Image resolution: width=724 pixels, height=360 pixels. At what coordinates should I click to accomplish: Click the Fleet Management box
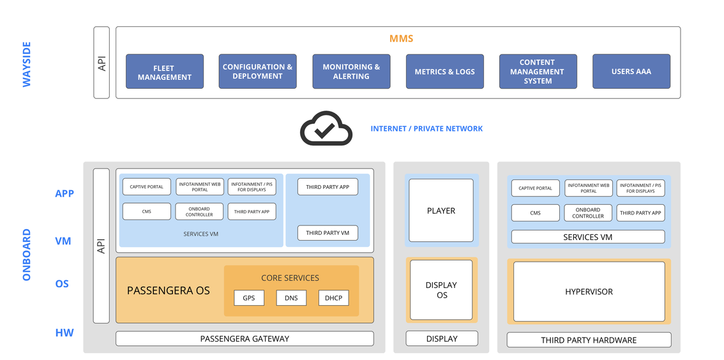164,71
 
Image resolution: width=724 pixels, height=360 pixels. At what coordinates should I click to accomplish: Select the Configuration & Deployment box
258,71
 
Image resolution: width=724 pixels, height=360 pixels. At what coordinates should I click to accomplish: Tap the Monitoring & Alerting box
351,71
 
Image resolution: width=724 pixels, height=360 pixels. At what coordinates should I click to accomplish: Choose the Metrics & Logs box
444,71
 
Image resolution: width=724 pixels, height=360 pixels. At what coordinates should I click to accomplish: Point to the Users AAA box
631,71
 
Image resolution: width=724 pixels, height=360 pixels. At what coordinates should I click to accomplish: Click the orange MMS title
401,38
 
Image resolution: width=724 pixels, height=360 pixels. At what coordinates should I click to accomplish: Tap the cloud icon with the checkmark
326,128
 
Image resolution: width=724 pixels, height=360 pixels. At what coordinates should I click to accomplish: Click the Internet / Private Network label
426,129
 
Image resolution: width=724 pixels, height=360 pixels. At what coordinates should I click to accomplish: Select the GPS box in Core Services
250,297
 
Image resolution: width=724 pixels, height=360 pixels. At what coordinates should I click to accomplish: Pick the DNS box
291,297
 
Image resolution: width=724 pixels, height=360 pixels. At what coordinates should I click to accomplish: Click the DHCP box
333,297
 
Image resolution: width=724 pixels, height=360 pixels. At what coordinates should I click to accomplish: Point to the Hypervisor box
589,292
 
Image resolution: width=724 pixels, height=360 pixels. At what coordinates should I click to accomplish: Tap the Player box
441,211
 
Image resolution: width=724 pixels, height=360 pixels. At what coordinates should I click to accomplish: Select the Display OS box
441,290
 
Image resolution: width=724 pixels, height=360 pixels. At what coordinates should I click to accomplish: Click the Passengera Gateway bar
245,339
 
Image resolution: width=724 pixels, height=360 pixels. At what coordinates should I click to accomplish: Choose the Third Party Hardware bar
589,340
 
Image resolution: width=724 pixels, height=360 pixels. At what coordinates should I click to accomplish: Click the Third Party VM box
328,233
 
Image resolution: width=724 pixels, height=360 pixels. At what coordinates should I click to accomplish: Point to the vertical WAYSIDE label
27,64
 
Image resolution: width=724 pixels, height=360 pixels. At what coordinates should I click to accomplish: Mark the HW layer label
64,333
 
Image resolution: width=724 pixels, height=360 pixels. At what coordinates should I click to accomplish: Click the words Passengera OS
169,291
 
